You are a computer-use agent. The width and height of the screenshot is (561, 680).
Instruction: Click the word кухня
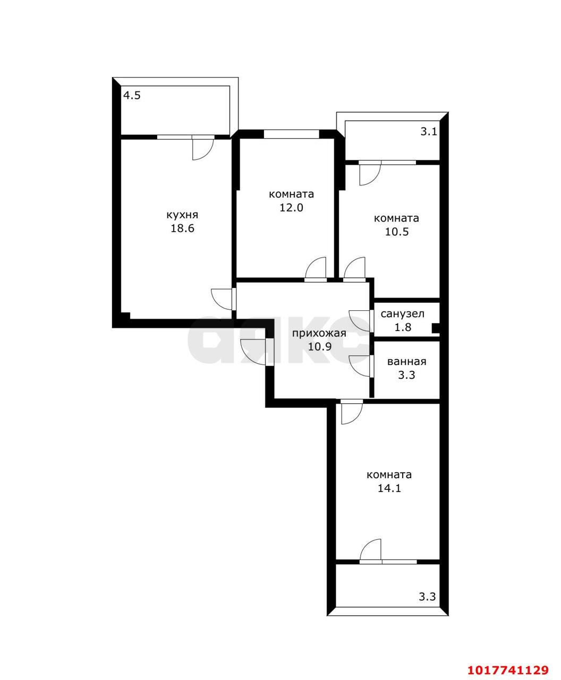[x=182, y=215]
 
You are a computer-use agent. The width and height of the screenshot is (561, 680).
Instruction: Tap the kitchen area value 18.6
[x=182, y=228]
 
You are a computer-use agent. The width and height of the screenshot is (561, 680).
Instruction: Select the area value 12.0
[x=291, y=207]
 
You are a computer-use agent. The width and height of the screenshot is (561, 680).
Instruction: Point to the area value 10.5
[x=396, y=232]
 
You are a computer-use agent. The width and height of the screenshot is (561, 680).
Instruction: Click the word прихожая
[x=319, y=333]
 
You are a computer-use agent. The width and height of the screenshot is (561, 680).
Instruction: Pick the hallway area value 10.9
[x=320, y=346]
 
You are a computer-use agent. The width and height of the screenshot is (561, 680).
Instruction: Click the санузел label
[x=402, y=314]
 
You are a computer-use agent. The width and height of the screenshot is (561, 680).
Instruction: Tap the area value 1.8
[x=403, y=327]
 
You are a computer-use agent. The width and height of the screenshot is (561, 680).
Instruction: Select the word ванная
[x=406, y=361]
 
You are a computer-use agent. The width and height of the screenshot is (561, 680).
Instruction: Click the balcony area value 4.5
[x=132, y=96]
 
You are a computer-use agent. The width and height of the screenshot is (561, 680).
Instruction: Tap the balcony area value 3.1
[x=428, y=132]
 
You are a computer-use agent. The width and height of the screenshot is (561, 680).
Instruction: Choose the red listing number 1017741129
[x=508, y=668]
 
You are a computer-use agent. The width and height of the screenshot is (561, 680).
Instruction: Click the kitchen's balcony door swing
[x=202, y=149]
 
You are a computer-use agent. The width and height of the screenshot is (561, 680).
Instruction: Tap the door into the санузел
[x=360, y=321]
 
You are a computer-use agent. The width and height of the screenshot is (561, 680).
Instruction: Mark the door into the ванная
[x=360, y=366]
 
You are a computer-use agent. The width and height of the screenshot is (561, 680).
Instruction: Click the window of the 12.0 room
[x=291, y=134]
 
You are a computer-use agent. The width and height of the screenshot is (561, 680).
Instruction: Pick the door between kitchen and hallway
[x=222, y=299]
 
